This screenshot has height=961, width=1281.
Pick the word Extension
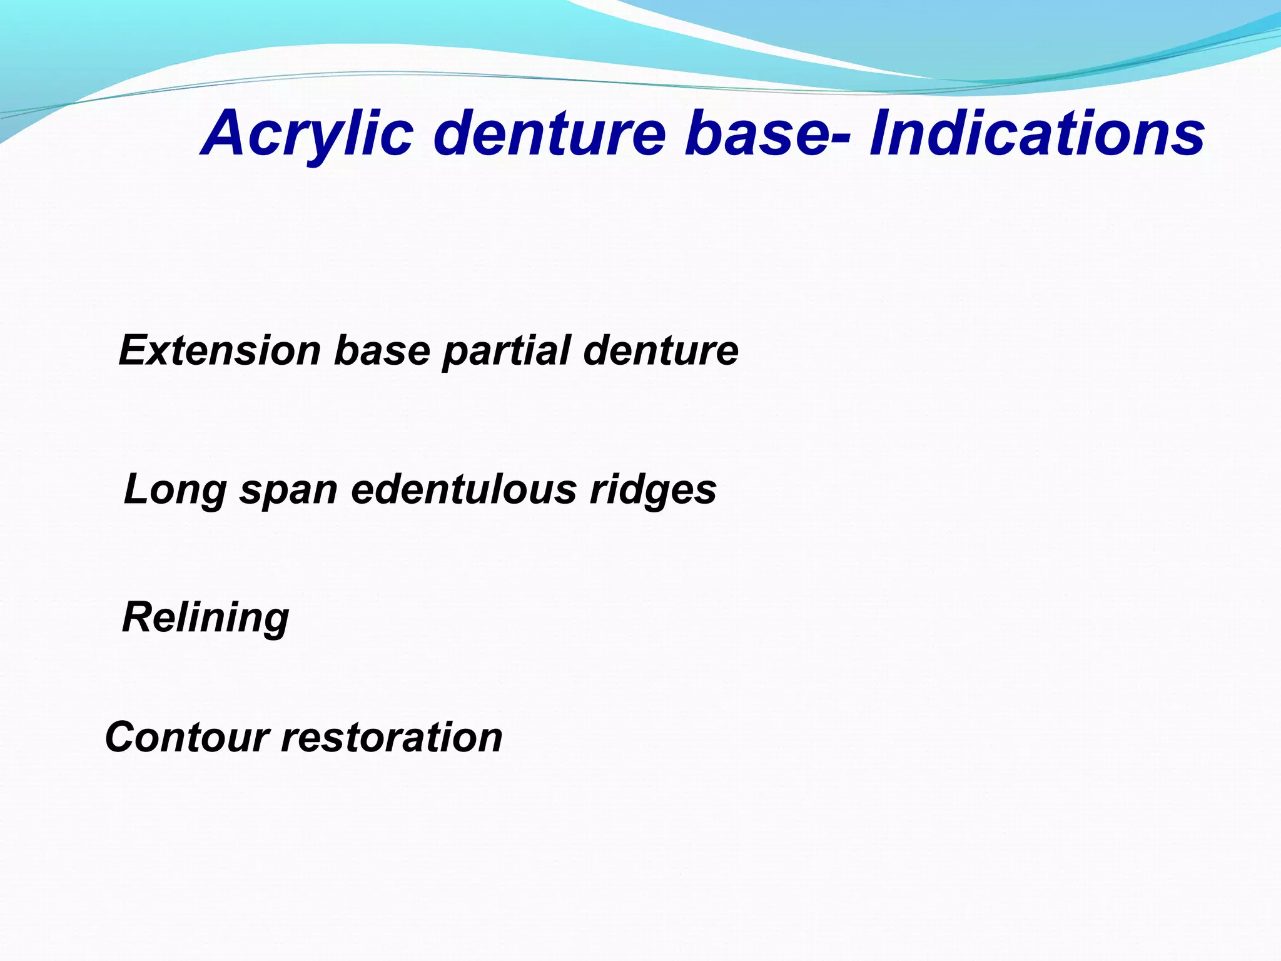(x=220, y=350)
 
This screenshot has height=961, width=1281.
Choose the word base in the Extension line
(x=382, y=350)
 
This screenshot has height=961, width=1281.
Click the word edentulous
(x=463, y=489)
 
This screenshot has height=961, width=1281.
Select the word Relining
(x=206, y=618)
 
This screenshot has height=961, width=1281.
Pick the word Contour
(x=187, y=737)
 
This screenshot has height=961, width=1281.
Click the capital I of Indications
(x=881, y=133)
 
